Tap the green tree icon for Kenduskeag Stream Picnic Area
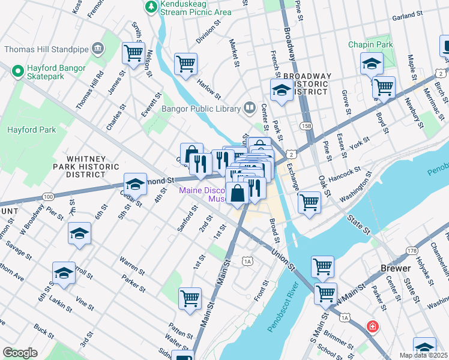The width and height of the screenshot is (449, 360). [151, 7]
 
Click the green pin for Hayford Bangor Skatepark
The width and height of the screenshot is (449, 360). [17, 72]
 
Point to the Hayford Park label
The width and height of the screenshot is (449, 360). [31, 130]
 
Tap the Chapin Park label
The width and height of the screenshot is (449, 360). [370, 45]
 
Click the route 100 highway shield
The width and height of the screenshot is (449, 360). [49, 197]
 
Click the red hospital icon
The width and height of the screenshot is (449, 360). [373, 326]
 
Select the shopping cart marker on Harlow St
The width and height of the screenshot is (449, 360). [186, 63]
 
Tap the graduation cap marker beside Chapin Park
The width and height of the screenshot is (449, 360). [372, 63]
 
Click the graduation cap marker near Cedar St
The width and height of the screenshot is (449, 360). [136, 184]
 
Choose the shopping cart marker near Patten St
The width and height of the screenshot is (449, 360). [190, 298]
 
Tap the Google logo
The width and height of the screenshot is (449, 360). [20, 353]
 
